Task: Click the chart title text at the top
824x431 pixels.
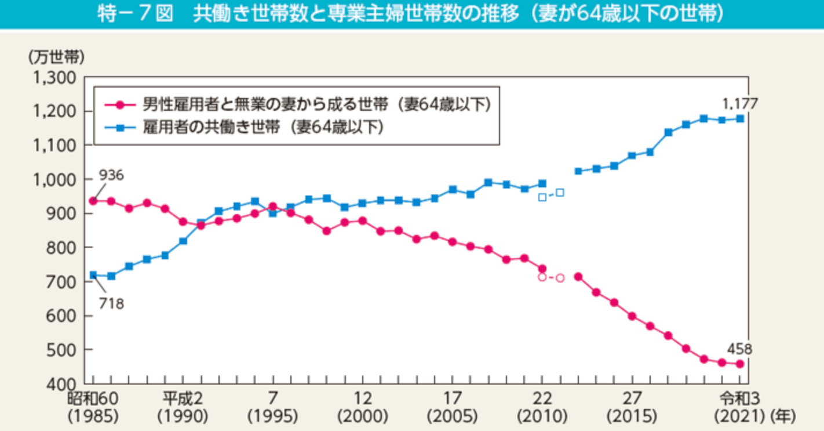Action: click(411, 15)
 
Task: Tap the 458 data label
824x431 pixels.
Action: click(740, 349)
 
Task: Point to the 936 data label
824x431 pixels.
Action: click(111, 175)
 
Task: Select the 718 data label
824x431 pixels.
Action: click(111, 303)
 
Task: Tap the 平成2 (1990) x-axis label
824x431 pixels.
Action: click(184, 407)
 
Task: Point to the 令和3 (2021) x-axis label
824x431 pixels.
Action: click(739, 407)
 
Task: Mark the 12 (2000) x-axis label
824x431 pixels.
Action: click(362, 407)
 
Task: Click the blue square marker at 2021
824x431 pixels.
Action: click(740, 118)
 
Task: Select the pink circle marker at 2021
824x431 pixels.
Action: click(740, 364)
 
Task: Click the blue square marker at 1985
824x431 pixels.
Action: click(93, 275)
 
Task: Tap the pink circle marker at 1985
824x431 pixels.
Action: click(93, 201)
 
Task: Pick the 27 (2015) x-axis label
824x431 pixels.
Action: click(632, 407)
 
